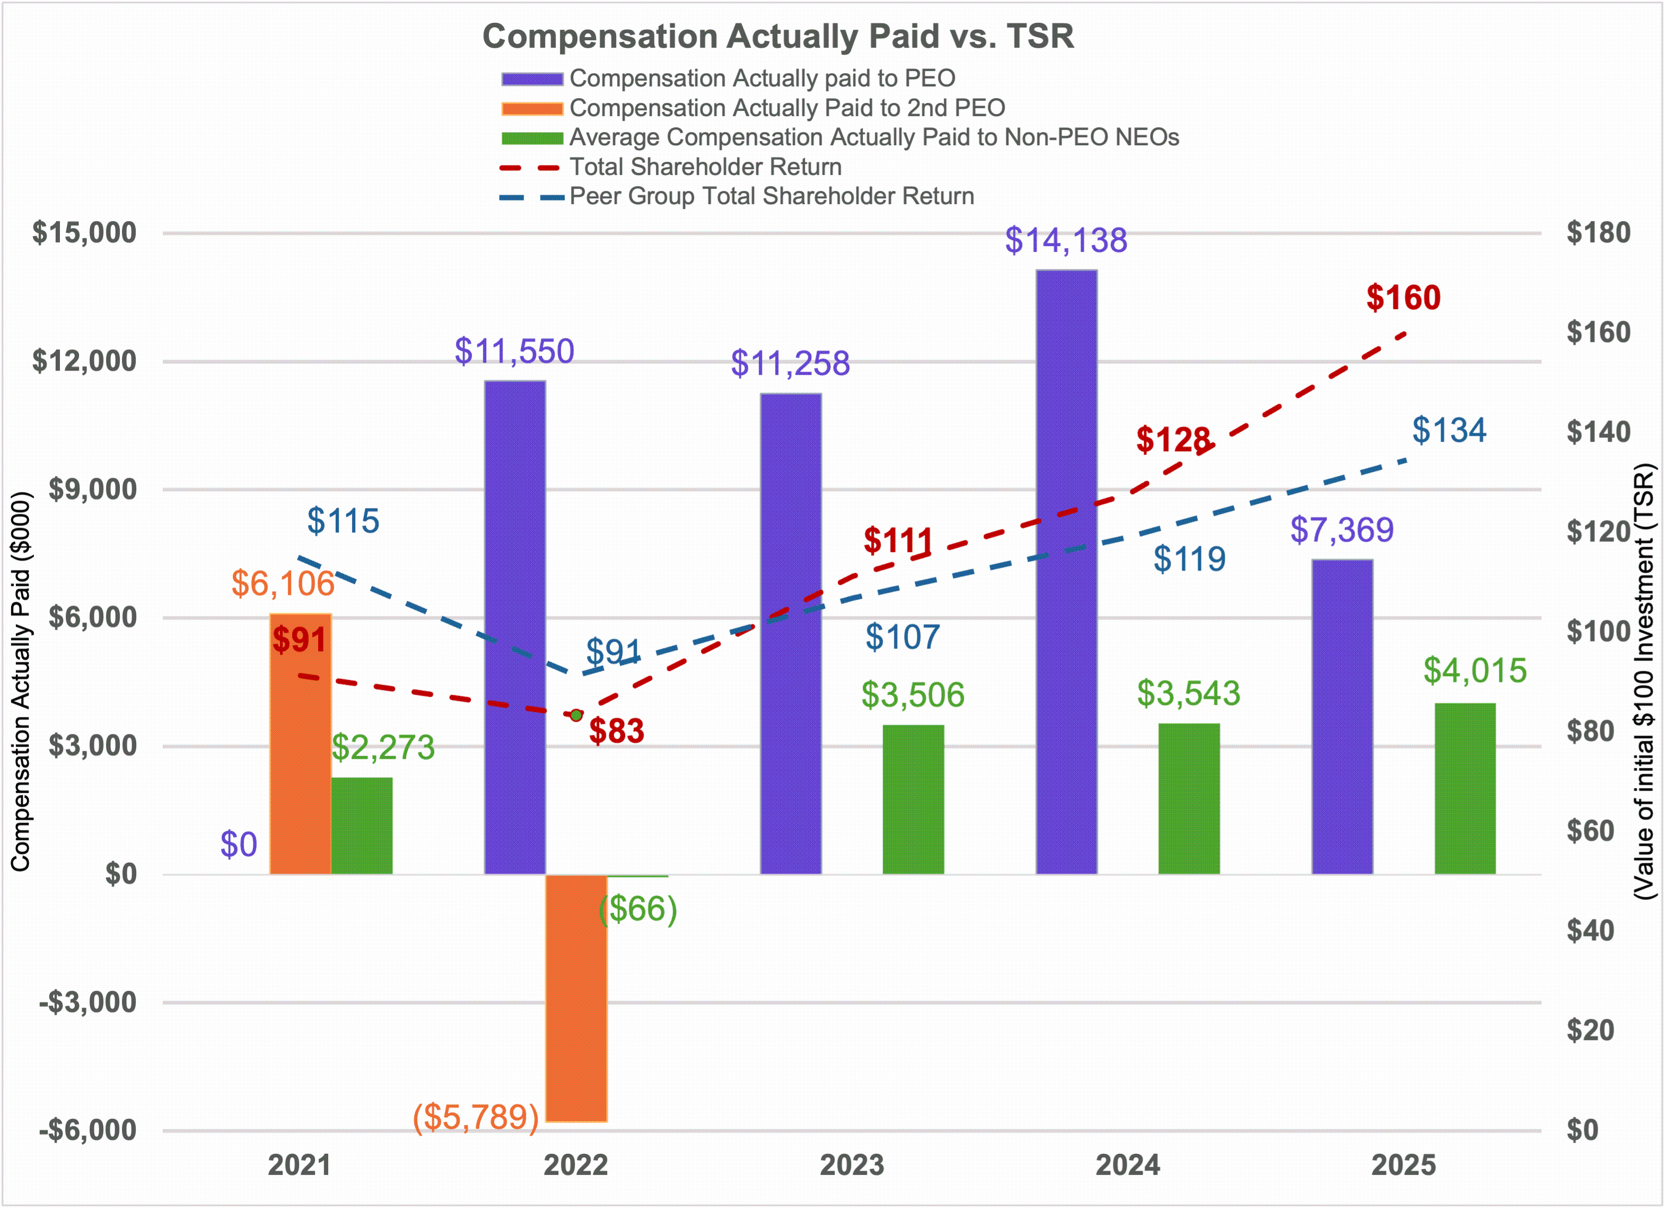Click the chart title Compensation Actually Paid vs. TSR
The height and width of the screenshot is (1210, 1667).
pyautogui.click(x=778, y=37)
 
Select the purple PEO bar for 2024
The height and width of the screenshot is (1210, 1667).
pyautogui.click(x=1066, y=573)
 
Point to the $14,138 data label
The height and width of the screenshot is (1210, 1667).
pyautogui.click(x=1066, y=240)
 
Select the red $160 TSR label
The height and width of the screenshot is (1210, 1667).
pyautogui.click(x=1403, y=297)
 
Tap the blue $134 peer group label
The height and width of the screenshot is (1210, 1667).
pyautogui.click(x=1449, y=431)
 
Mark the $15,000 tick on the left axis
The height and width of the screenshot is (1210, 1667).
pyautogui.click(x=84, y=233)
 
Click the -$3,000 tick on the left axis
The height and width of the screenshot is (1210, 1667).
pyautogui.click(x=87, y=1003)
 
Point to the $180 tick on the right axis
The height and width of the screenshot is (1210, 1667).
pyautogui.click(x=1598, y=233)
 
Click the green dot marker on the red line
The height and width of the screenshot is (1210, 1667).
pyautogui.click(x=576, y=715)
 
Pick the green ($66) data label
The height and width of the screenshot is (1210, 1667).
pyautogui.click(x=637, y=910)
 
